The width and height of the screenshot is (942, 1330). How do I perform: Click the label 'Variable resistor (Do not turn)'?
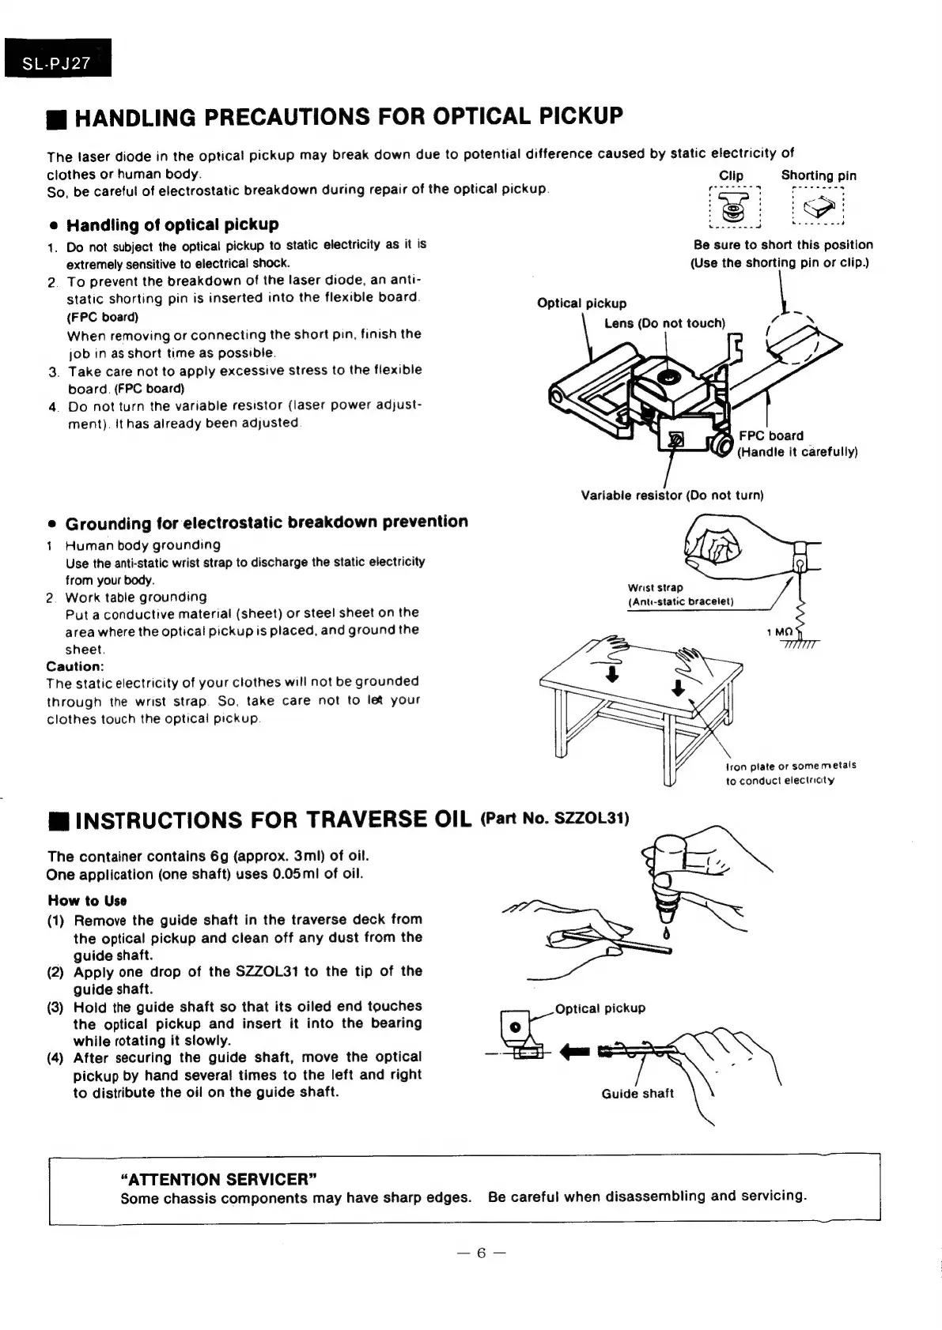pos(672,495)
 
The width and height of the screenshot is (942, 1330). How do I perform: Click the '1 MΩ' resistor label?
pos(779,632)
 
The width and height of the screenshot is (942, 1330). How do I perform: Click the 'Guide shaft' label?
pos(637,1094)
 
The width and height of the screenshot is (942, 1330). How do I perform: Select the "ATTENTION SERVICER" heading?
pos(218,1180)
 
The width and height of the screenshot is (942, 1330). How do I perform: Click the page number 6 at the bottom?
pos(480,1253)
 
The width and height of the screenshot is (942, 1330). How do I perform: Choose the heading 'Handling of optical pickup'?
pos(172,224)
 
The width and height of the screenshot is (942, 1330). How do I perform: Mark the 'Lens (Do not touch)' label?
pos(664,323)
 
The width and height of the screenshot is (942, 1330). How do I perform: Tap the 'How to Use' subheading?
pos(88,901)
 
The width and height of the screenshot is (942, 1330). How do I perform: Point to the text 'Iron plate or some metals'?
pos(790,765)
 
